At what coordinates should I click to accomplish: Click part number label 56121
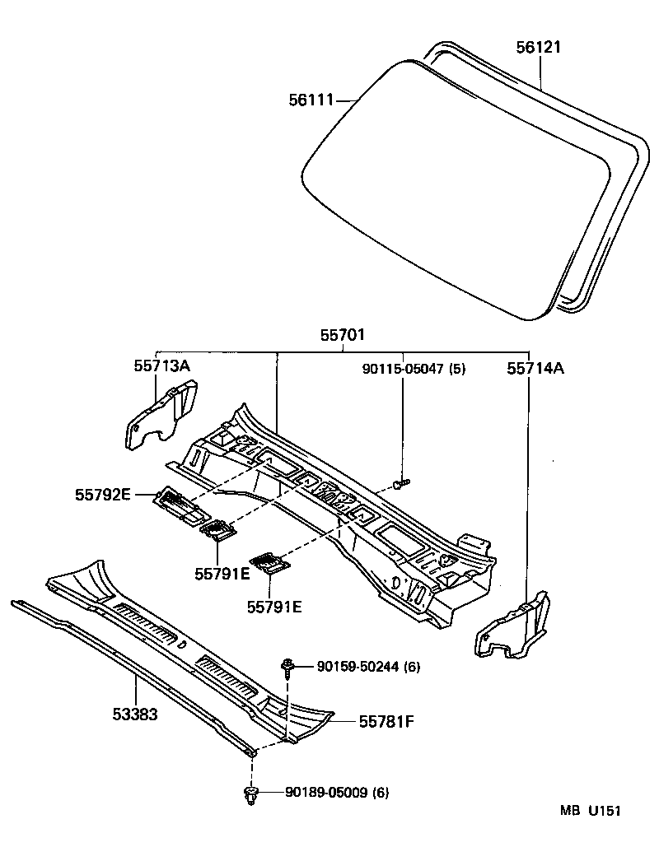point(538,47)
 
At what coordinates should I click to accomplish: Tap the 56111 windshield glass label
point(311,100)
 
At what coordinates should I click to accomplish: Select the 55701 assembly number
point(343,335)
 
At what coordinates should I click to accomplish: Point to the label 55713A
point(161,365)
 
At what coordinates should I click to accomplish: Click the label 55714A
point(535,370)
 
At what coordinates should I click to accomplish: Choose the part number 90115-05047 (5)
point(414,369)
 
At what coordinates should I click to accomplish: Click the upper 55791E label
point(222,573)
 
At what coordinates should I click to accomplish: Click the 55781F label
point(386,721)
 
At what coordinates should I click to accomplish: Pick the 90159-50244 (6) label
point(368,667)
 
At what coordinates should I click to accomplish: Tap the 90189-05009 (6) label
point(337,793)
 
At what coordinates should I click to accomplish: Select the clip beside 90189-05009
point(251,794)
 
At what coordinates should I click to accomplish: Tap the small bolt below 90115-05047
point(401,484)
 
